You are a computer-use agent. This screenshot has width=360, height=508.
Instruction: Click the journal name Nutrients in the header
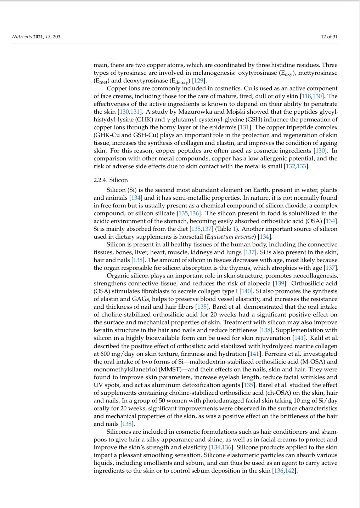[22, 36]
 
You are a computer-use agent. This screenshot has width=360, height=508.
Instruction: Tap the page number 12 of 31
[329, 36]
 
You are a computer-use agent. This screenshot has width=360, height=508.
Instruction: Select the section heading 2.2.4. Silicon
[111, 180]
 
